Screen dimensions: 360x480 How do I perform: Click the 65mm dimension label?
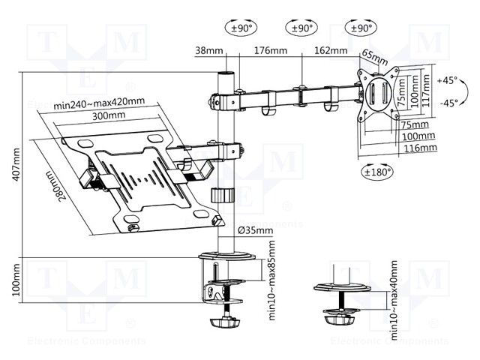coord(373,57)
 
